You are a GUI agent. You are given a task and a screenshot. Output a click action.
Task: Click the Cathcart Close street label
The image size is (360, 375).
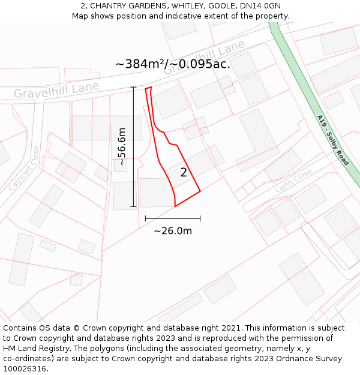pyautogui.click(x=24, y=169)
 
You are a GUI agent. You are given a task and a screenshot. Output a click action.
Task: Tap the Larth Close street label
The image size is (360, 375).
pyautogui.click(x=293, y=181)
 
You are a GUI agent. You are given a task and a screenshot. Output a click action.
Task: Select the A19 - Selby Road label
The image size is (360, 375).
pyautogui.click(x=332, y=140)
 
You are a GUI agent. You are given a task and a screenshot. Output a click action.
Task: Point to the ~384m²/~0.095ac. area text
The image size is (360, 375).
pyautogui.click(x=172, y=64)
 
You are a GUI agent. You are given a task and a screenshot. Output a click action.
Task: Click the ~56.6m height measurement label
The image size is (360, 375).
pyautogui.click(x=122, y=146)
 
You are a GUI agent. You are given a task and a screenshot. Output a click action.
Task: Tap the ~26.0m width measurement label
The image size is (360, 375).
pyautogui.click(x=173, y=231)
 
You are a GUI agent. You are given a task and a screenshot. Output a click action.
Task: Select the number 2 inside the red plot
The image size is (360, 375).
pyautogui.click(x=184, y=173)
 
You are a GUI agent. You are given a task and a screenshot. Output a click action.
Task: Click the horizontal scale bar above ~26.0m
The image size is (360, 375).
pyautogui.click(x=173, y=218)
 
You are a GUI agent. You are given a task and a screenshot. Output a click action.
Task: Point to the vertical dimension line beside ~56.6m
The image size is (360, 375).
pyautogui.click(x=134, y=146)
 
